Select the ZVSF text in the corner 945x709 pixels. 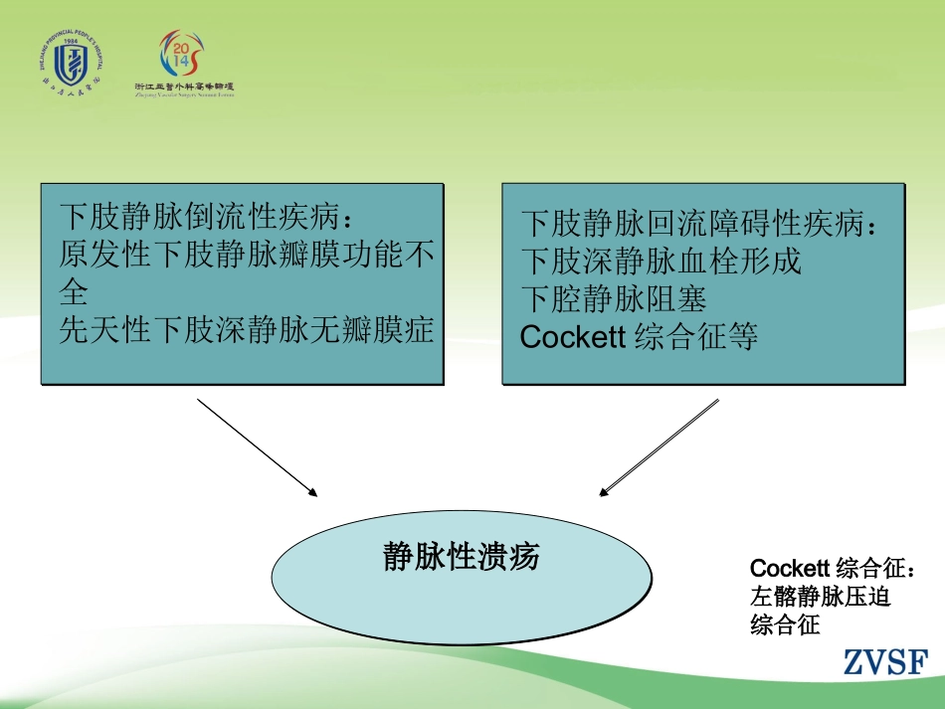coord(885,662)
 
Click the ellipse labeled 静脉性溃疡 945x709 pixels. coord(462,580)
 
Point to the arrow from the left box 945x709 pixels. coord(257,446)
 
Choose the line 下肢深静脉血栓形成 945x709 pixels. coord(661,262)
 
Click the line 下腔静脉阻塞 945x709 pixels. coord(615,299)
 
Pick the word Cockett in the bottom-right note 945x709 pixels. coord(790,569)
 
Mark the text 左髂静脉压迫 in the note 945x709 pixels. coord(821,598)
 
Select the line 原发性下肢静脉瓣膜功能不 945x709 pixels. coord(247,255)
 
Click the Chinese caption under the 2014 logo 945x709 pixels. coord(184,87)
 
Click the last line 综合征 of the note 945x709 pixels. coord(785,625)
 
